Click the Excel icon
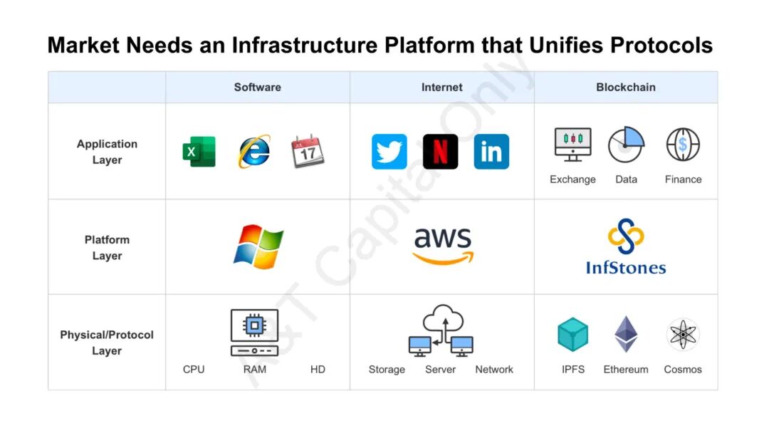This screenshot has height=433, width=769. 199,152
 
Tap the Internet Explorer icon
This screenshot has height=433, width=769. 254,152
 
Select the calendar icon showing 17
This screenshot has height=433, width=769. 308,152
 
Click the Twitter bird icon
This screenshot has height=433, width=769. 389,152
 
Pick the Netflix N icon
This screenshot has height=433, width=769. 441,152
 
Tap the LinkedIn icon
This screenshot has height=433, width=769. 491,152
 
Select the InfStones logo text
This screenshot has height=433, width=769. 626,268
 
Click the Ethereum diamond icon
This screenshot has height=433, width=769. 627,334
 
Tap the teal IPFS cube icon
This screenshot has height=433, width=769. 573,335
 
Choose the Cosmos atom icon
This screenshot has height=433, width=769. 683,334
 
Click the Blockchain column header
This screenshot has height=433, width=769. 626,87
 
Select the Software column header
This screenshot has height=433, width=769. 258,87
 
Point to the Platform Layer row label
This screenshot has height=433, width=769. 107,247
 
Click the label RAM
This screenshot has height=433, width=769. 255,369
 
